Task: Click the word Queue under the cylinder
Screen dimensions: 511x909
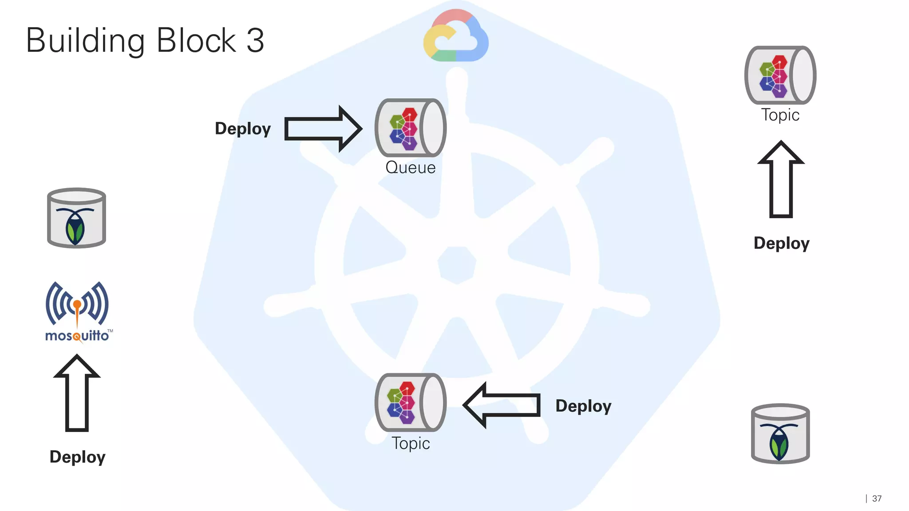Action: tap(410, 168)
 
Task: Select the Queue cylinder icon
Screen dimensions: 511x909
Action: tap(410, 128)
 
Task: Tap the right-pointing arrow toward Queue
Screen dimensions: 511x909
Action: tap(323, 129)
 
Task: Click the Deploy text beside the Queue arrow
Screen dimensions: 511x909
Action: tap(243, 129)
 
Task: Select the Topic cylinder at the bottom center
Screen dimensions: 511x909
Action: tap(410, 402)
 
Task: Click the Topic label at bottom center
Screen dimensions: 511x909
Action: tap(411, 444)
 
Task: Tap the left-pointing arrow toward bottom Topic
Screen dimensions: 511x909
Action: tap(502, 405)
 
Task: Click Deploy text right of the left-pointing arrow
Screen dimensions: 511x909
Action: tap(583, 406)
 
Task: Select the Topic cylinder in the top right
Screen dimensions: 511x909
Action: tap(780, 75)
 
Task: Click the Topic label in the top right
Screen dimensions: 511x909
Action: tap(780, 115)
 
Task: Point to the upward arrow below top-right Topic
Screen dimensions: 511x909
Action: tap(781, 180)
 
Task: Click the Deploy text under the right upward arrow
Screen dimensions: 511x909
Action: tap(782, 243)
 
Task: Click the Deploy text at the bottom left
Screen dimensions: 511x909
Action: tap(78, 457)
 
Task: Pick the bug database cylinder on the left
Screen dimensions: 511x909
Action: tap(76, 218)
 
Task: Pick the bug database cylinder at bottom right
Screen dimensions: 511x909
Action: tap(780, 434)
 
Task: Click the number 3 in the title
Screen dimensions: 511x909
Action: tap(255, 40)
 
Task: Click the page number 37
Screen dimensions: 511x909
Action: tap(877, 499)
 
